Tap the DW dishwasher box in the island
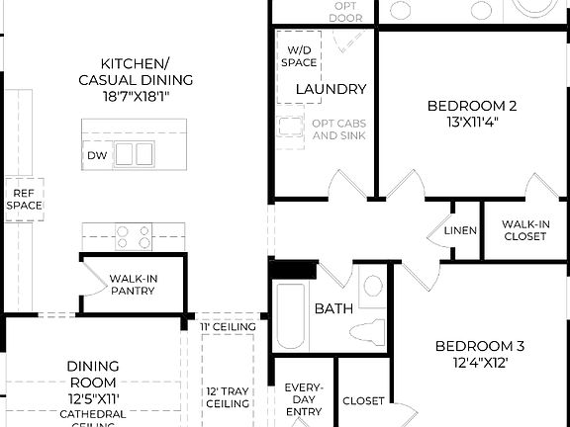click(96, 155)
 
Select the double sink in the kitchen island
click(135, 153)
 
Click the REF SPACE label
click(24, 199)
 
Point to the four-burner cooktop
click(134, 236)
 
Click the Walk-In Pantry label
click(134, 285)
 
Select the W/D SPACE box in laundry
click(302, 56)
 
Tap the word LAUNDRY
click(331, 89)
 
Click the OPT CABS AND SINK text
click(339, 128)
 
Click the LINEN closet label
click(460, 231)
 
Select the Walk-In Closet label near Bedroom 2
click(524, 230)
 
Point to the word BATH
click(333, 309)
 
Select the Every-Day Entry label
click(304, 398)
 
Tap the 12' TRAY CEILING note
click(228, 396)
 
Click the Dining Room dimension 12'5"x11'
click(93, 398)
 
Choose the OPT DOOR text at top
click(345, 11)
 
